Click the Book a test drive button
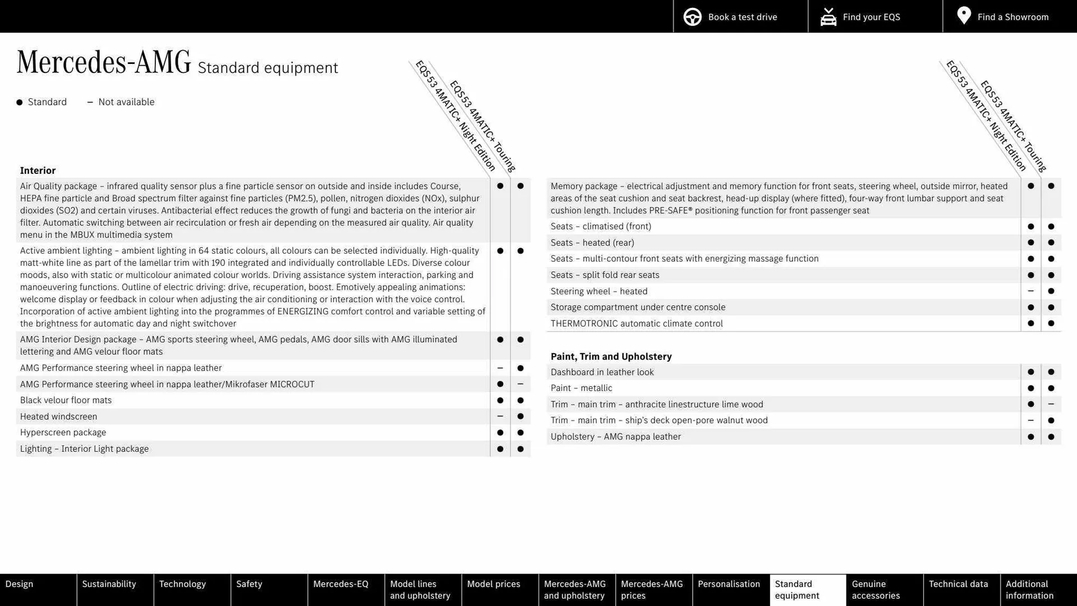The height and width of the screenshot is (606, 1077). [x=740, y=17]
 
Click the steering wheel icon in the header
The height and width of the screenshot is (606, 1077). [x=692, y=17]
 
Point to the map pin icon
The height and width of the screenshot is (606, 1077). [x=964, y=16]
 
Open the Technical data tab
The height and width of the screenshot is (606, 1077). [x=958, y=584]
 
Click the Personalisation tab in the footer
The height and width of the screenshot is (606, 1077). [x=729, y=584]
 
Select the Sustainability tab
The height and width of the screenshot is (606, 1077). [x=109, y=584]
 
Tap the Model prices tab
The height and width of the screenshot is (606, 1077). [x=494, y=584]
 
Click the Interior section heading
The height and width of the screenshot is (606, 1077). [x=38, y=171]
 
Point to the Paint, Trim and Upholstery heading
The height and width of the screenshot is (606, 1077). [x=611, y=356]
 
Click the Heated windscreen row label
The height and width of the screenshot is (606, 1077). [x=58, y=416]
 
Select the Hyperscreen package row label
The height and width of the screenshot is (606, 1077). [x=63, y=433]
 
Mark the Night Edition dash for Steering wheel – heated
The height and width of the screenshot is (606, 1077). [x=1030, y=291]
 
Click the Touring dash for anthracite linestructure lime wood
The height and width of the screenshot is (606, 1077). [x=1051, y=404]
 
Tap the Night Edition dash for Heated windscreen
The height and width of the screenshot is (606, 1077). [x=500, y=416]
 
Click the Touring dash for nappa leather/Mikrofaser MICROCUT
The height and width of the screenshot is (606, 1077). [x=520, y=384]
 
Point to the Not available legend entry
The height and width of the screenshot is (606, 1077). [x=121, y=102]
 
